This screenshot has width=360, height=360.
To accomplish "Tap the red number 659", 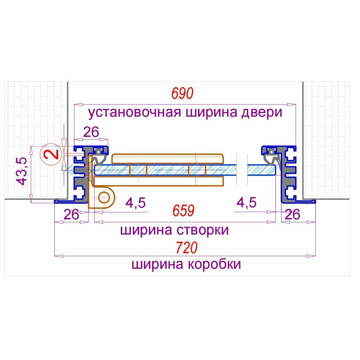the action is coord(183,211).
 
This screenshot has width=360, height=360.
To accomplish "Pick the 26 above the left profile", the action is coord(91,132).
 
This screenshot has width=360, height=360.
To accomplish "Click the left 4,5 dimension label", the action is coord(136,203).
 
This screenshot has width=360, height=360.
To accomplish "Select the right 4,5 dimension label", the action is coord(247,203).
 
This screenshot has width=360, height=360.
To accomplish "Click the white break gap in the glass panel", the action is coord(241,170).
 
